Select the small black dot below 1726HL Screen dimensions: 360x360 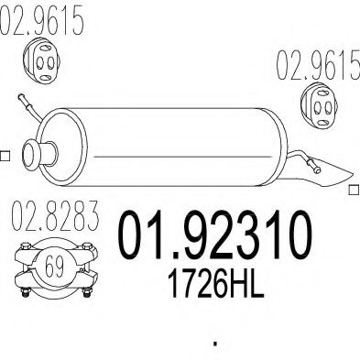(215, 344)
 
